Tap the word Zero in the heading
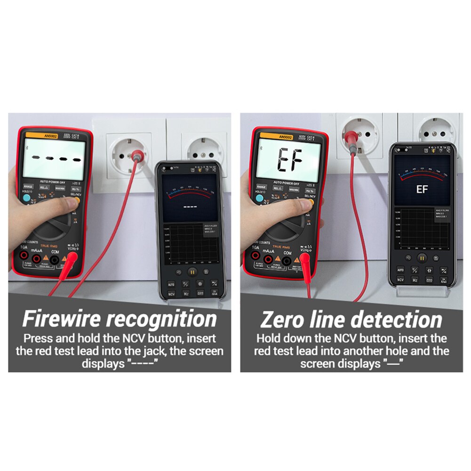pos(281,320)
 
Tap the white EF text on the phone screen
pos(422,189)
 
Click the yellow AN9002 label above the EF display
pos(285,137)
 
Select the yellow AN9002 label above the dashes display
pos(50,136)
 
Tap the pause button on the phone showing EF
pos(422,258)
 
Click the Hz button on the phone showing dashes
pos(186,293)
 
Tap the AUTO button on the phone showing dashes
pos(171,284)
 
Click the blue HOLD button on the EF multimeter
pos(259,198)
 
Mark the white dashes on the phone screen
pos(190,207)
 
